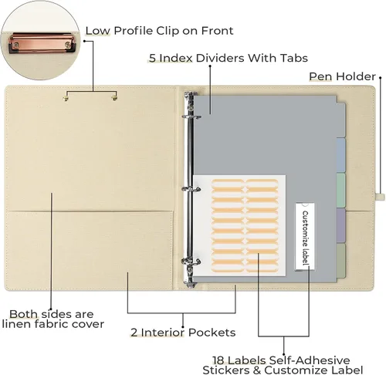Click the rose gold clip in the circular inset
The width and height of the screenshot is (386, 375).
(x=42, y=42)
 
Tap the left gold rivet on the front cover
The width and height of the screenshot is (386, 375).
(x=66, y=98)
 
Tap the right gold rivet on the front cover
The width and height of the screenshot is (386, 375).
(x=114, y=98)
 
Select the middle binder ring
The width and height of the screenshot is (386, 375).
(x=191, y=189)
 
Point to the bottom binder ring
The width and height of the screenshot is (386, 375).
(x=191, y=262)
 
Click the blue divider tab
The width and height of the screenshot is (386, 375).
(x=341, y=155)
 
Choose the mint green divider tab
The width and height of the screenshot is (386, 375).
(x=341, y=191)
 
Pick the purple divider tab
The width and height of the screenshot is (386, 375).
(x=341, y=225)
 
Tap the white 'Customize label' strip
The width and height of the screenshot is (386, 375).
(x=305, y=237)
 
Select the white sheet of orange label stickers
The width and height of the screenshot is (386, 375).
(x=239, y=225)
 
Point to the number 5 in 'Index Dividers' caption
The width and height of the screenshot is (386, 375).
(x=152, y=58)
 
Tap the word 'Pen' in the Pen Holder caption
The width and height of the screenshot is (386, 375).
(x=320, y=76)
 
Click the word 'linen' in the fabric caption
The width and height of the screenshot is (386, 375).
(x=16, y=324)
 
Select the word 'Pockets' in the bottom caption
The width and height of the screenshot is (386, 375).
(x=212, y=333)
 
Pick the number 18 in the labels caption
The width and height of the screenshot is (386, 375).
(x=218, y=360)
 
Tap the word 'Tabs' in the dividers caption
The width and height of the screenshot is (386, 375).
(x=294, y=58)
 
